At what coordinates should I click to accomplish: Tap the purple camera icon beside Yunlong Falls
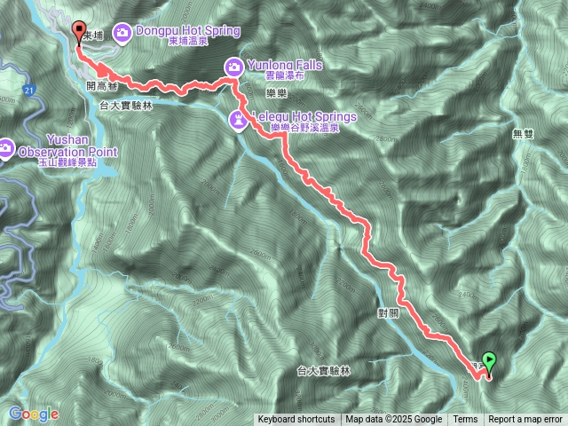[233, 66]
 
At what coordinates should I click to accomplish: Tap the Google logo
[33, 414]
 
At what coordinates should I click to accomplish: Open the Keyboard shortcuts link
[296, 420]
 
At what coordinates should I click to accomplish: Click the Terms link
[465, 420]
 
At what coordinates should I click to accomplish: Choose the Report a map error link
[525, 420]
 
